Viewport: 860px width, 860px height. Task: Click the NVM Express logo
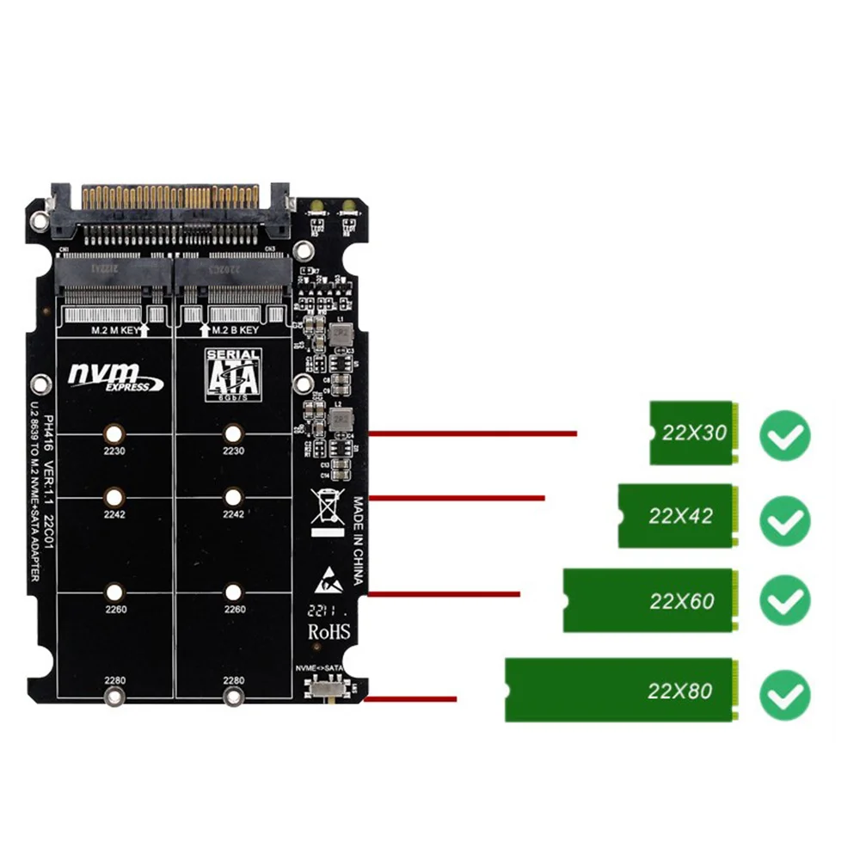115,376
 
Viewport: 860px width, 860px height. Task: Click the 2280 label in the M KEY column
114,680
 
